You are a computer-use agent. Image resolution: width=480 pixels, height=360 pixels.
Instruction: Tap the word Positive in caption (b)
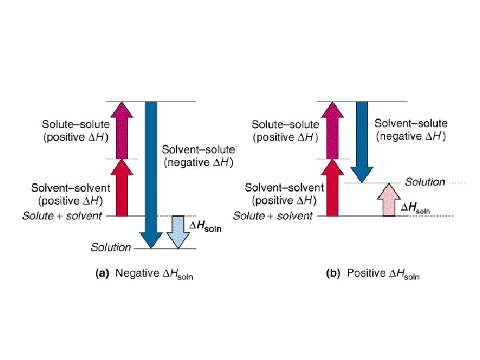point(366,273)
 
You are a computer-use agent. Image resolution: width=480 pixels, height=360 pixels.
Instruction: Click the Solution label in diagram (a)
point(111,247)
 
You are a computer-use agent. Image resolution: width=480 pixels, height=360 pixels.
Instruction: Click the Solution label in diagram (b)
point(425,182)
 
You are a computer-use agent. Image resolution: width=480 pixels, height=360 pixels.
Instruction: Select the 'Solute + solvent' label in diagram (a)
point(62,216)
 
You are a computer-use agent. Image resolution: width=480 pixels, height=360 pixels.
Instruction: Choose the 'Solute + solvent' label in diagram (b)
point(273,216)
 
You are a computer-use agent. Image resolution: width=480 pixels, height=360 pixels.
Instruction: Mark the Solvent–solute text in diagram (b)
point(411,123)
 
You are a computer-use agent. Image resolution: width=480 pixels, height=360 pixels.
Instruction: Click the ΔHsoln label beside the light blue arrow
point(206,227)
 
